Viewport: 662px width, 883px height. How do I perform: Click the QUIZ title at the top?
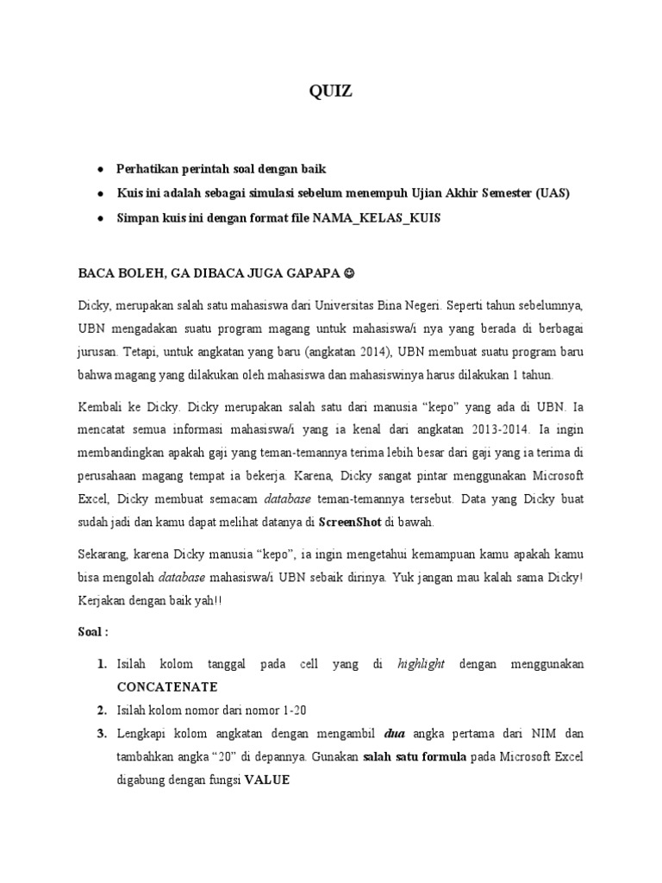click(x=331, y=92)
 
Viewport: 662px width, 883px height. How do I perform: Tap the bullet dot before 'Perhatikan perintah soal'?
click(x=103, y=169)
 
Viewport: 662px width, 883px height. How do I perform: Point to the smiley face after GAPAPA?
click(x=348, y=273)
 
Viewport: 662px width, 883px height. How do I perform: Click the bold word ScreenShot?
click(x=350, y=522)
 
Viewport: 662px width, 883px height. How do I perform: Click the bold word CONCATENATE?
click(x=168, y=687)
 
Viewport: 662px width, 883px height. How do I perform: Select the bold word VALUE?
click(x=267, y=780)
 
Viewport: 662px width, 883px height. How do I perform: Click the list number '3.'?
click(x=102, y=734)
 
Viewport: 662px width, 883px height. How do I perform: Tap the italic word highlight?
click(x=421, y=664)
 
